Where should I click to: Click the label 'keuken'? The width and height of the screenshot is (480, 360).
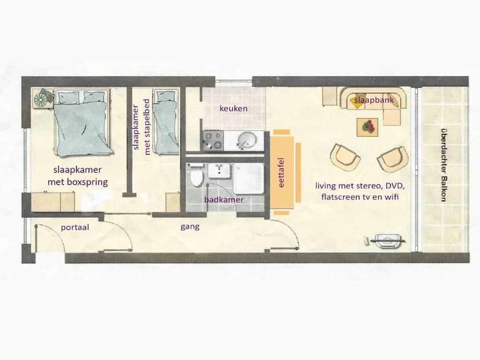tap(234, 108)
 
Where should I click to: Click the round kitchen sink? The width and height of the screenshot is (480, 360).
tap(247, 140)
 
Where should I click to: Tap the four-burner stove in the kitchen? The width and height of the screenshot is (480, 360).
tap(213, 141)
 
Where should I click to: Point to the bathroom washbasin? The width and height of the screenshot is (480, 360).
tap(218, 170)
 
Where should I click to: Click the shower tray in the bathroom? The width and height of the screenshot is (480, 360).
tap(248, 178)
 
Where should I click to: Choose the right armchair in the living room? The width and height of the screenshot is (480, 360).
tap(393, 159)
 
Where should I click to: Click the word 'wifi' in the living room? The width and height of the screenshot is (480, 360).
tap(391, 196)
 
